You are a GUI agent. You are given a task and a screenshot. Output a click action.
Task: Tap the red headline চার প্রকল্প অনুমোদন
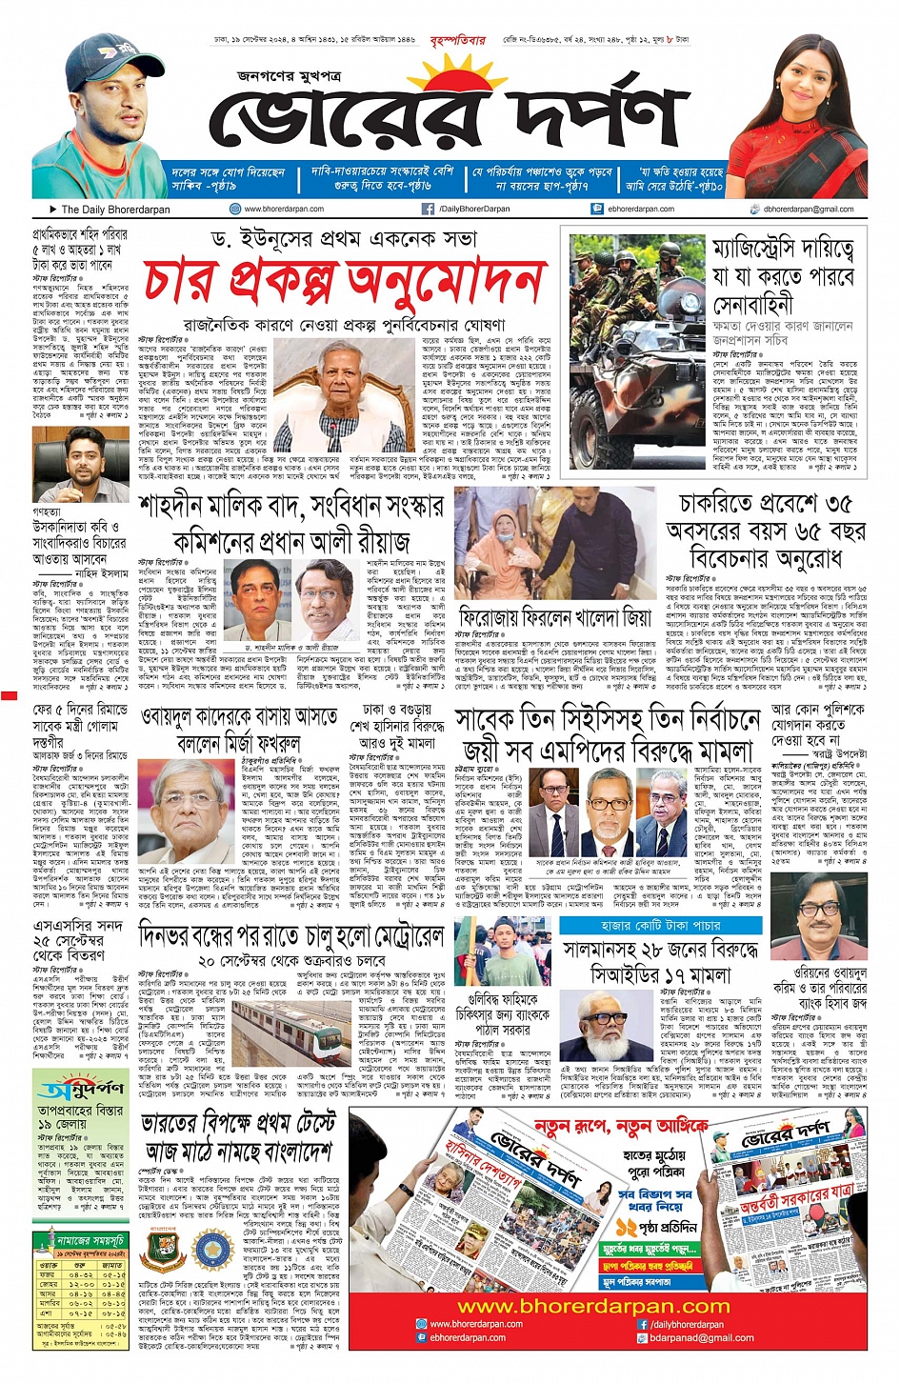[x=343, y=281]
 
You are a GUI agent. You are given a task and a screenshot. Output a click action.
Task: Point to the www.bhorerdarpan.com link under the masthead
[x=283, y=209]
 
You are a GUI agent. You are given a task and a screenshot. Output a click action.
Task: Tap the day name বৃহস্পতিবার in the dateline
[x=457, y=40]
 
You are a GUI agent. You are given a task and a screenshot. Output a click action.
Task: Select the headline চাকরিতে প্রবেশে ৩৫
[x=765, y=503]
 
